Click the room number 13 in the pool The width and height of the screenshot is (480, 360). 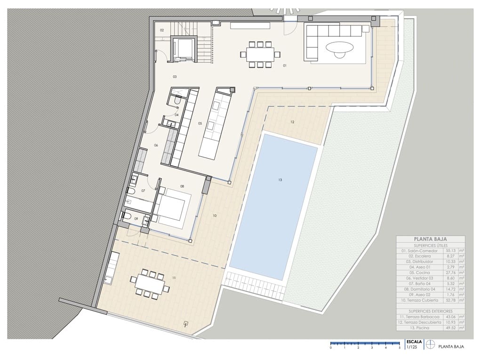coord(280,180)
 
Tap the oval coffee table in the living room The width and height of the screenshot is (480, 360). coord(339,48)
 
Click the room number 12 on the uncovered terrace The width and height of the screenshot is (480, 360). coord(292,122)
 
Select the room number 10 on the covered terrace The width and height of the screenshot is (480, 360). coord(215,216)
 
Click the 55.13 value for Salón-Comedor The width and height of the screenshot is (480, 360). coord(451,251)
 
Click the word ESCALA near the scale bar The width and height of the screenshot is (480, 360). coord(414,342)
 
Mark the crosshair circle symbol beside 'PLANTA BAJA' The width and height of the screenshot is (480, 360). coord(430,345)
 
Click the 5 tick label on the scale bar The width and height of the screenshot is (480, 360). coord(399,347)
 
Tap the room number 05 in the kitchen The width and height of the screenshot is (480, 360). coord(200,124)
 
